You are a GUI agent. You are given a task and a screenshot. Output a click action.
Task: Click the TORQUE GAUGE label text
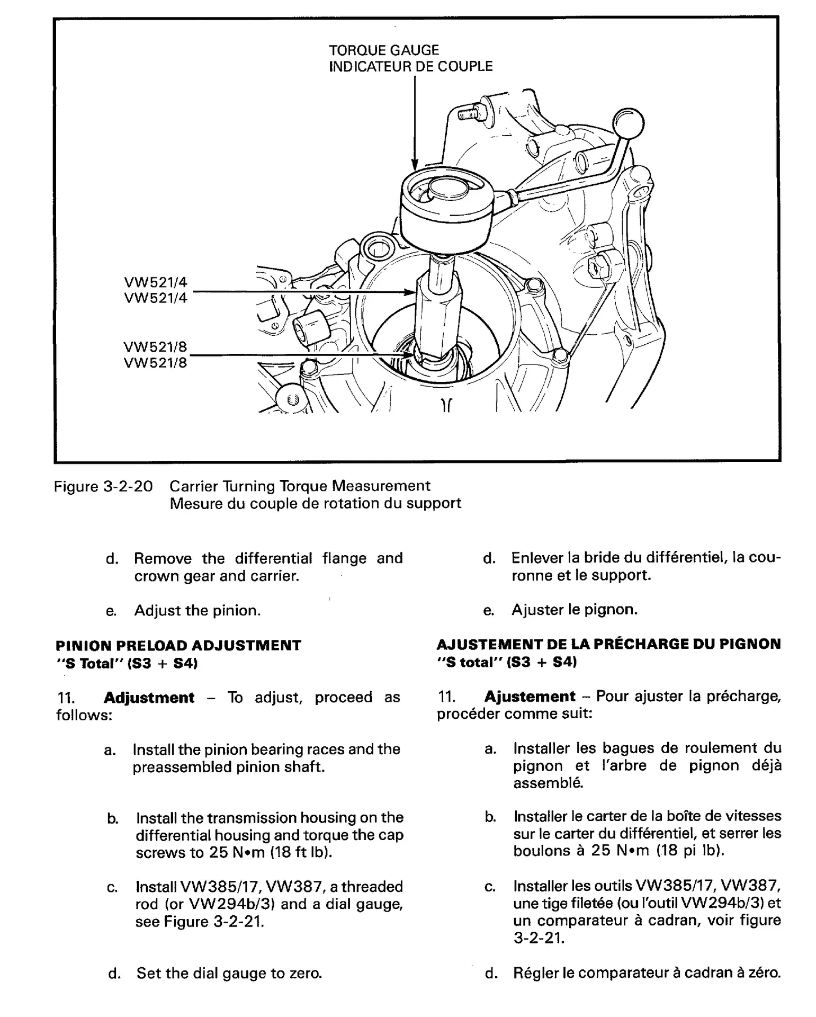384,50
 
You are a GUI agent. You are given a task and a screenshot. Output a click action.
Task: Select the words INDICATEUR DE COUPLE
410,67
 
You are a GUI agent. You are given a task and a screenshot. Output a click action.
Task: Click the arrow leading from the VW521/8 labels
302,355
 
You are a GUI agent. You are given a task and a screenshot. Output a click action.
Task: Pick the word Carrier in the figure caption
193,486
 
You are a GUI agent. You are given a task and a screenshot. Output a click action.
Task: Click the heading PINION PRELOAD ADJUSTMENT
178,645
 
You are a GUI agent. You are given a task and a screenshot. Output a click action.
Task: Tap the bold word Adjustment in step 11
149,697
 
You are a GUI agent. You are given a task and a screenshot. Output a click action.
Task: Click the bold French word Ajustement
530,696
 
